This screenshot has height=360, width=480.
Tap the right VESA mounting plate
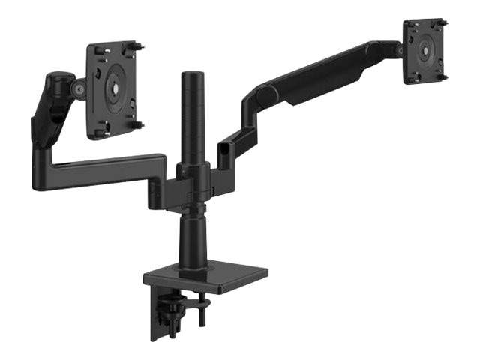[x=426, y=51]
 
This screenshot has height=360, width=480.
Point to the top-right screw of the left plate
[x=140, y=46]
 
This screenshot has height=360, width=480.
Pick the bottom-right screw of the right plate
[x=444, y=76]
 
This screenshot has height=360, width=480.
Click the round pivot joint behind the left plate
[x=77, y=88]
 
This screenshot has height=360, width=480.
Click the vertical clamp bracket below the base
[x=159, y=315]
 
